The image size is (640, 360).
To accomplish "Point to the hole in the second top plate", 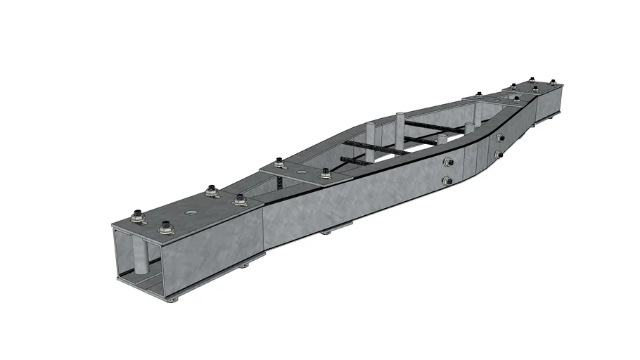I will coord(302,171).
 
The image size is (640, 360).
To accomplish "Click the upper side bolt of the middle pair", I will coord(447,162).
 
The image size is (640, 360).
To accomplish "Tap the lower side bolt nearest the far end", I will coord(499,154).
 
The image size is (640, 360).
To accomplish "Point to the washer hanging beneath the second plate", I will coord(326,232).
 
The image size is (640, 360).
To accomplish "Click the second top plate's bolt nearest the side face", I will coord(325,173).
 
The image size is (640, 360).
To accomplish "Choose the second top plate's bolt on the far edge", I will coord(280,164).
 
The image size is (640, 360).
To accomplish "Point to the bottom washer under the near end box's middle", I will coord(243,266).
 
